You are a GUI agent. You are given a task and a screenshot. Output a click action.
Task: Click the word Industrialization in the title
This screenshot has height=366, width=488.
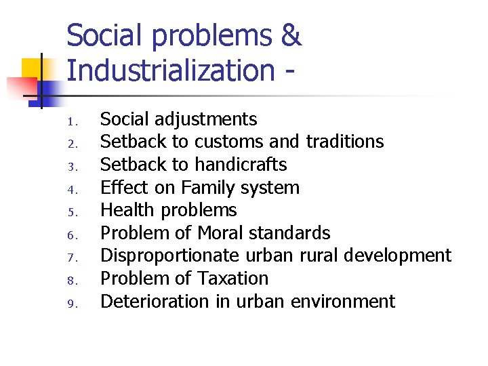click(170, 70)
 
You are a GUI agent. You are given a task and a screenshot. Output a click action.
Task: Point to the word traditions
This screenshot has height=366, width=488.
click(345, 142)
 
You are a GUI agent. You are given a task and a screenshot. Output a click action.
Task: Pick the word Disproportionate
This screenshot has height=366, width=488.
click(169, 256)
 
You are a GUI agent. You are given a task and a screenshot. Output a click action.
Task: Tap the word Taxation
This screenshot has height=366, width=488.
click(232, 279)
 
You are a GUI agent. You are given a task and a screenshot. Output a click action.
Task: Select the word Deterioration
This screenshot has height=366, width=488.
click(155, 302)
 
